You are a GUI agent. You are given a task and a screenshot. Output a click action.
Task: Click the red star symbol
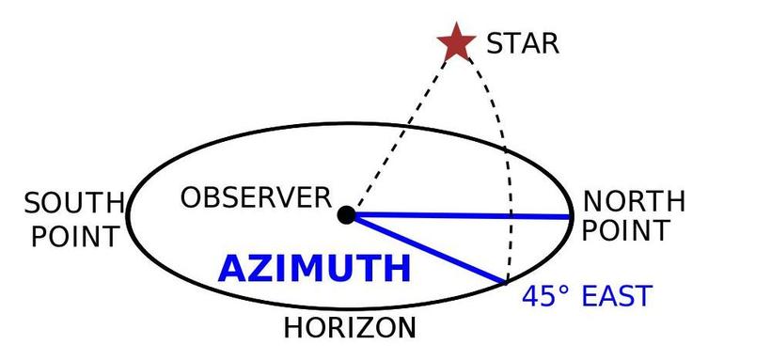456,43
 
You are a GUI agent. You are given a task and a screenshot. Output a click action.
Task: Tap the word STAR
523,44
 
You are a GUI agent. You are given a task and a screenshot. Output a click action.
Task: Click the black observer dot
347,215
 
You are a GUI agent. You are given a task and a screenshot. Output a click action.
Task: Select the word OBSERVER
256,197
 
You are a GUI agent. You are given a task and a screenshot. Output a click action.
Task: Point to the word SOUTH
73,203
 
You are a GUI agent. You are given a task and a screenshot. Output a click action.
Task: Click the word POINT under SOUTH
74,237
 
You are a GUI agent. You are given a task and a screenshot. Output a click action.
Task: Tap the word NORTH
634,201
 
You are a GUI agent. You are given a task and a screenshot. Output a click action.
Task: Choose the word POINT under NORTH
626,230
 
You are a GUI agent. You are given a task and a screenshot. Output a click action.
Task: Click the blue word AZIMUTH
314,269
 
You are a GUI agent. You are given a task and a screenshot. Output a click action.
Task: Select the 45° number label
545,296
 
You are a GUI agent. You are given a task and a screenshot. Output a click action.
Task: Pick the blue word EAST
617,296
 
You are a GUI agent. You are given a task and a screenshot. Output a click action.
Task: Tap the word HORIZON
350,327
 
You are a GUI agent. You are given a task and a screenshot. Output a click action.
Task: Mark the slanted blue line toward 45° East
430,250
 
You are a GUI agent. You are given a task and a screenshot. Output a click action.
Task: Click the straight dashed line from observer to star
401,133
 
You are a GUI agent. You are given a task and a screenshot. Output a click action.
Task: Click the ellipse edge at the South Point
128,216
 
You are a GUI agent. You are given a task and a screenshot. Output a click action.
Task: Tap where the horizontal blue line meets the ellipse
570,216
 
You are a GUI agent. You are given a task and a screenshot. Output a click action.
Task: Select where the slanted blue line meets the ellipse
506,283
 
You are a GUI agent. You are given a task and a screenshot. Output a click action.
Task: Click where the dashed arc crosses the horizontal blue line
511,216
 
